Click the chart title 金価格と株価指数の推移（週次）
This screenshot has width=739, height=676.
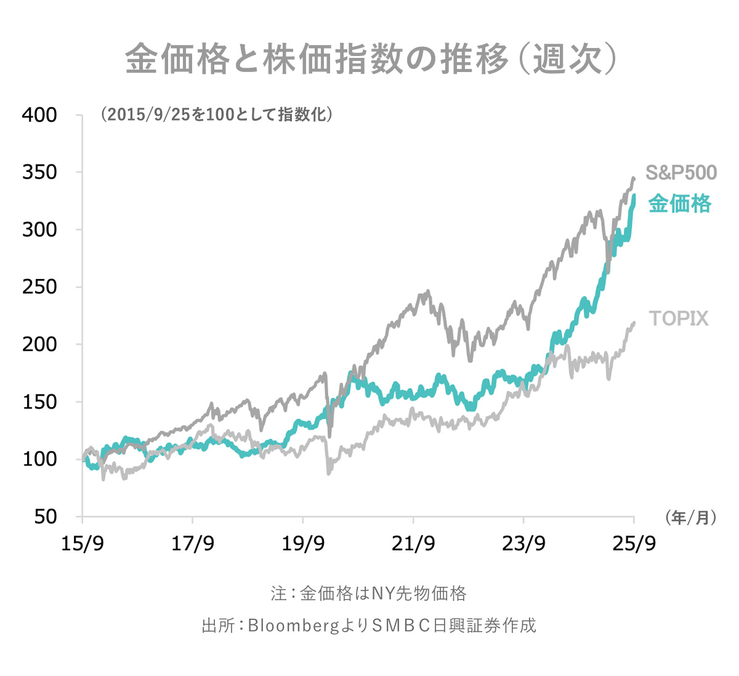pos(370,59)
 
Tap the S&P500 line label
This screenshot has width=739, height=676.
pos(681,173)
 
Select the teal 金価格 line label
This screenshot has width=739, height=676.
pos(680,203)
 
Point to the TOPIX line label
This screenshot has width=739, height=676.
pos(679,318)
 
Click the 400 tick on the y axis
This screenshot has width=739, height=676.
pos(39,115)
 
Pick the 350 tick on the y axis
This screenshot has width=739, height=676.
pos(39,172)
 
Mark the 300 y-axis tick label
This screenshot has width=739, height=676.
pos(39,230)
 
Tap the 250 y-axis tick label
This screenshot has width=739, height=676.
pos(39,287)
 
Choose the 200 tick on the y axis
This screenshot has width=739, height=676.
pos(39,344)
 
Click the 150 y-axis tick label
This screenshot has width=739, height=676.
pos(39,401)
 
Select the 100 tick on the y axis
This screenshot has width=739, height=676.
pos(39,459)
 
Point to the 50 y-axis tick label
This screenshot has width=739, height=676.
pos(44,517)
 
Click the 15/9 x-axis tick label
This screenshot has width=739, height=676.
pos(83,544)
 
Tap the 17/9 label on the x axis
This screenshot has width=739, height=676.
pos(193,544)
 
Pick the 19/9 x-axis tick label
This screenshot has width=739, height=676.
pos(303,544)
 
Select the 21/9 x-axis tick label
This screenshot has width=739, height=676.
pos(413,544)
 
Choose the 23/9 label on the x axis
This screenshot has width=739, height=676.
pos(523,544)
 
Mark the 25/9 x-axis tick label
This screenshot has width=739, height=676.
pos(634,544)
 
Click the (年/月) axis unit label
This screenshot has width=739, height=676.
pos(690,518)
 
